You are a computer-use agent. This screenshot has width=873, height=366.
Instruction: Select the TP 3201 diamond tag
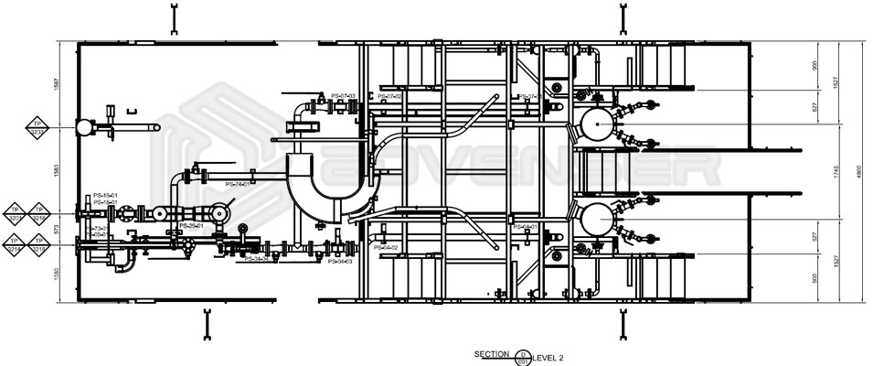click(16, 213)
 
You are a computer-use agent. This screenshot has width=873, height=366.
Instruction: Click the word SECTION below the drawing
click(491, 353)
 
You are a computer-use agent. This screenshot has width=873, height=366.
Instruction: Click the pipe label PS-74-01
click(236, 185)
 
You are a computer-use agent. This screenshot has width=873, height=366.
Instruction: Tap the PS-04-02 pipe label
click(385, 248)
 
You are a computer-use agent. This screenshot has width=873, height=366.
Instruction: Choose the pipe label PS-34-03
click(339, 262)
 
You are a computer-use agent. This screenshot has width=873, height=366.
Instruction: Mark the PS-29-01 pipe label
click(190, 224)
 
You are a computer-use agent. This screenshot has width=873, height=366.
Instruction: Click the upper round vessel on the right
click(597, 124)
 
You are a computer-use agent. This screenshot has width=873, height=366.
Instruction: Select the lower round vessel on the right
click(596, 220)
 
